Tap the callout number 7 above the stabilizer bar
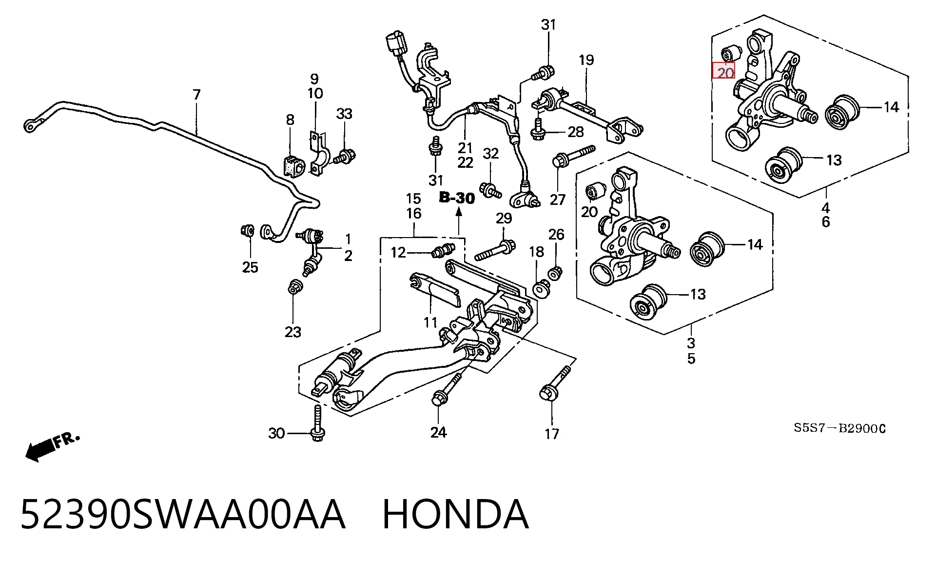pyautogui.click(x=196, y=94)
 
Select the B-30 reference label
pyautogui.click(x=457, y=198)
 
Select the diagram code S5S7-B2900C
pyautogui.click(x=839, y=428)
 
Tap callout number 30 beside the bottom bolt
pyautogui.click(x=276, y=433)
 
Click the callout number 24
pyautogui.click(x=438, y=432)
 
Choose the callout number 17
pyautogui.click(x=552, y=433)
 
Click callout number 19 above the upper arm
pyautogui.click(x=586, y=60)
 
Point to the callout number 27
pyautogui.click(x=558, y=199)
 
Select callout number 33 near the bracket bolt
pyautogui.click(x=344, y=114)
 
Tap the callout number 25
pyautogui.click(x=250, y=267)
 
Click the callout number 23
pyautogui.click(x=293, y=332)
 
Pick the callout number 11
pyautogui.click(x=430, y=322)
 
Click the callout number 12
pyautogui.click(x=398, y=252)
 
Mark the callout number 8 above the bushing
pyautogui.click(x=290, y=120)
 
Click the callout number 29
pyautogui.click(x=504, y=218)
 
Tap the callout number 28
pyautogui.click(x=576, y=132)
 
